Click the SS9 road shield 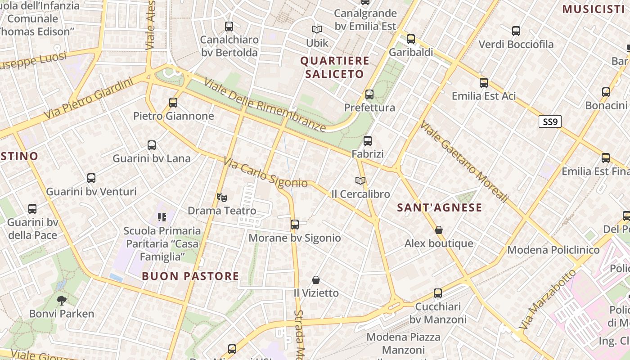(550, 121)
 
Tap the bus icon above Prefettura (369, 94)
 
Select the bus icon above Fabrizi (368, 141)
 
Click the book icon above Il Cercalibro (360, 180)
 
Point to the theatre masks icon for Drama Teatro (221, 197)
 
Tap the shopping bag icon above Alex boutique (439, 230)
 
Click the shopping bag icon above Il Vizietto (316, 280)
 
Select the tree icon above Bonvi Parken (62, 300)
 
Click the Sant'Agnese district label (440, 207)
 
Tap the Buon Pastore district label (190, 276)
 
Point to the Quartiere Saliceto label (335, 67)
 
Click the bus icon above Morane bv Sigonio (295, 224)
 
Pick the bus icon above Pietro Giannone (173, 103)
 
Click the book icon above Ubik (317, 29)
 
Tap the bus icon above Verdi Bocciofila (516, 31)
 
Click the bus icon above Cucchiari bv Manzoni (438, 293)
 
